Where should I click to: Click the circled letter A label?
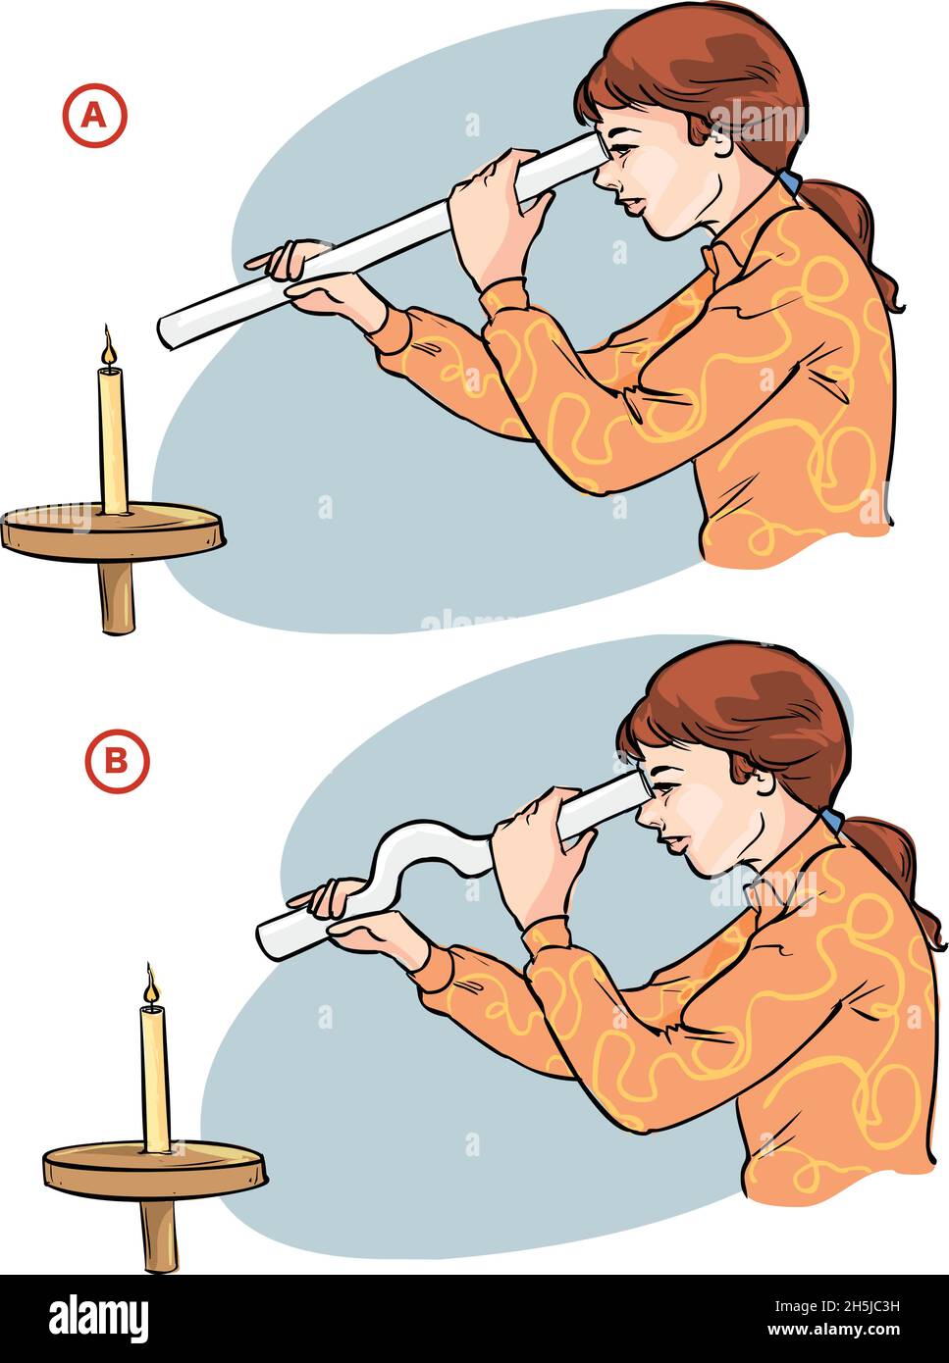pyautogui.click(x=95, y=117)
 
